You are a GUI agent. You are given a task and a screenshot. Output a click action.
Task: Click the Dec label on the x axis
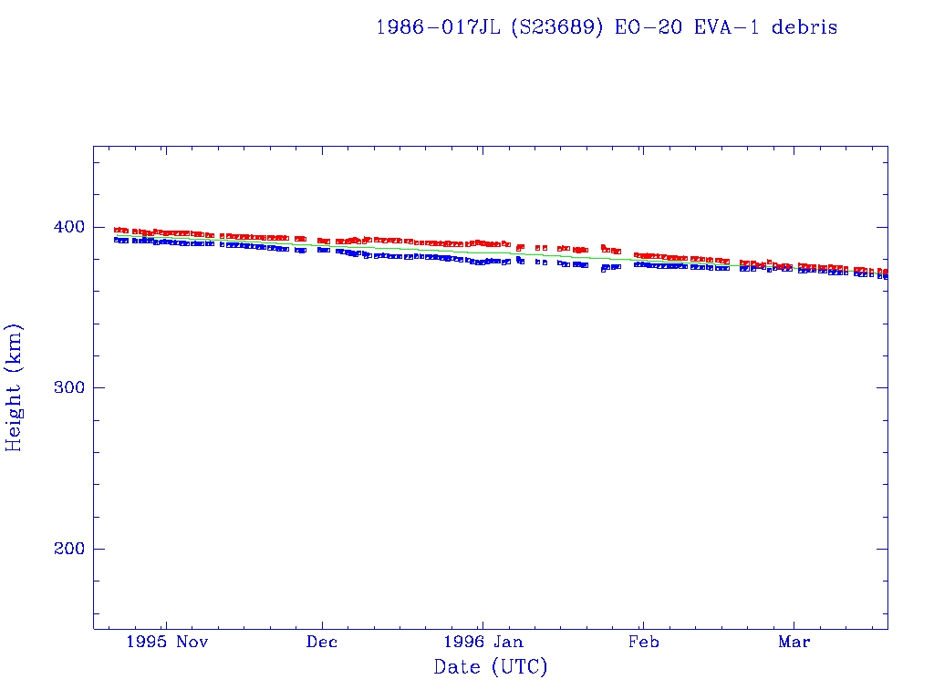coord(322,642)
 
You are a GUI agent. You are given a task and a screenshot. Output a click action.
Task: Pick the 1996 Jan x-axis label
coord(483,642)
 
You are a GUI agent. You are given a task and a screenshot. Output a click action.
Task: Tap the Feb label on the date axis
coord(643,642)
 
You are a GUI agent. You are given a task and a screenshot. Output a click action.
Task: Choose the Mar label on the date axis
coord(794,642)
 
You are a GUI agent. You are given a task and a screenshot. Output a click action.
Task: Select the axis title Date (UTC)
coord(491,667)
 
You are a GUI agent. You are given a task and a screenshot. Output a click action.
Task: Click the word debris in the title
coord(804,27)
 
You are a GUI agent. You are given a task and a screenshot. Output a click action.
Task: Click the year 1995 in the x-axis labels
coord(146,642)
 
